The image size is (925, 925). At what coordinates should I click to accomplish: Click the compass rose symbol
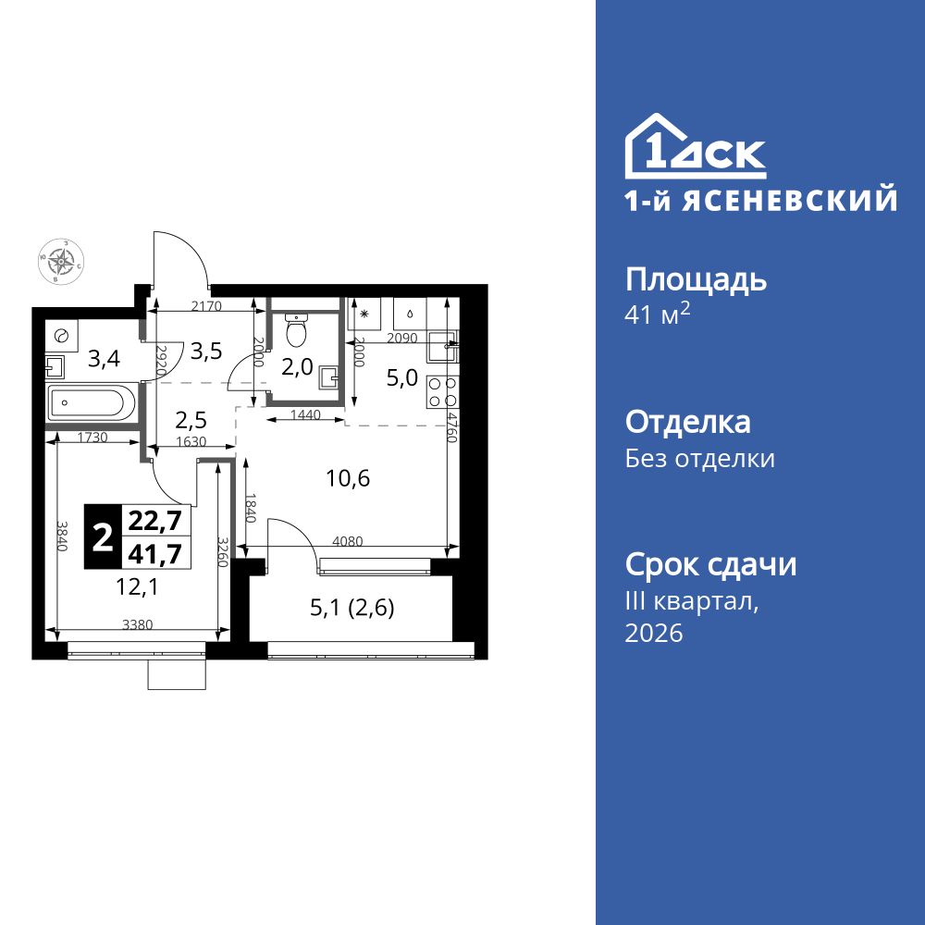[x=63, y=261]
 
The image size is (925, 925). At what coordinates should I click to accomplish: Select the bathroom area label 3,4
[x=102, y=357]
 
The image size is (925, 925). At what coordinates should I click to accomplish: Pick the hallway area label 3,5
[x=204, y=351]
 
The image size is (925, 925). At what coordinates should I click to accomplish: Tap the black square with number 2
[x=103, y=536]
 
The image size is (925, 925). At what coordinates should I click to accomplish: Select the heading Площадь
[x=696, y=279]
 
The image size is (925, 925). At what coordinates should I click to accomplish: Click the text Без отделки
[x=700, y=459]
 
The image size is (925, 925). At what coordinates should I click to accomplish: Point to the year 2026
[x=654, y=634]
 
